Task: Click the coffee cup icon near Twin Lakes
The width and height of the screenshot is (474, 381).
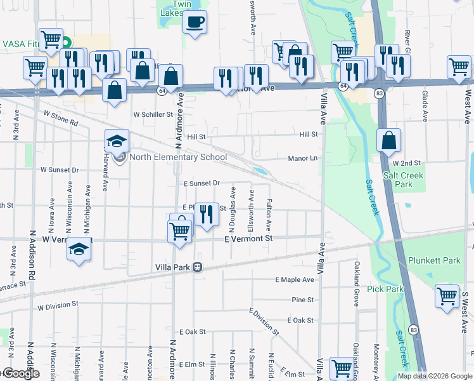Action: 195,22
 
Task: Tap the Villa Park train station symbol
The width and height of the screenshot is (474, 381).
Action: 198,267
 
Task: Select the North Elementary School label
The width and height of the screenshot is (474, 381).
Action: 178,157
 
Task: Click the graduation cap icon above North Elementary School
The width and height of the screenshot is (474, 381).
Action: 117,142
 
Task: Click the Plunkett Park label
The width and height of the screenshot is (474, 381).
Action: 433,261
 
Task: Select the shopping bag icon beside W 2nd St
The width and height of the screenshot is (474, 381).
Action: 388,140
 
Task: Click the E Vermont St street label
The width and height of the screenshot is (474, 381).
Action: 248,238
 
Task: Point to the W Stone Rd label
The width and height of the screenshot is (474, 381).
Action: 61,118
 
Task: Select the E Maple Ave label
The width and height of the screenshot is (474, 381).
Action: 295,279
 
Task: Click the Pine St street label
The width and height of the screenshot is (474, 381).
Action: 303,299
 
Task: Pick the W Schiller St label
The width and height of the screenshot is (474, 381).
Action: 153,115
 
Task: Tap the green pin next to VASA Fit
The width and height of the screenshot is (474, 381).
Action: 66,43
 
